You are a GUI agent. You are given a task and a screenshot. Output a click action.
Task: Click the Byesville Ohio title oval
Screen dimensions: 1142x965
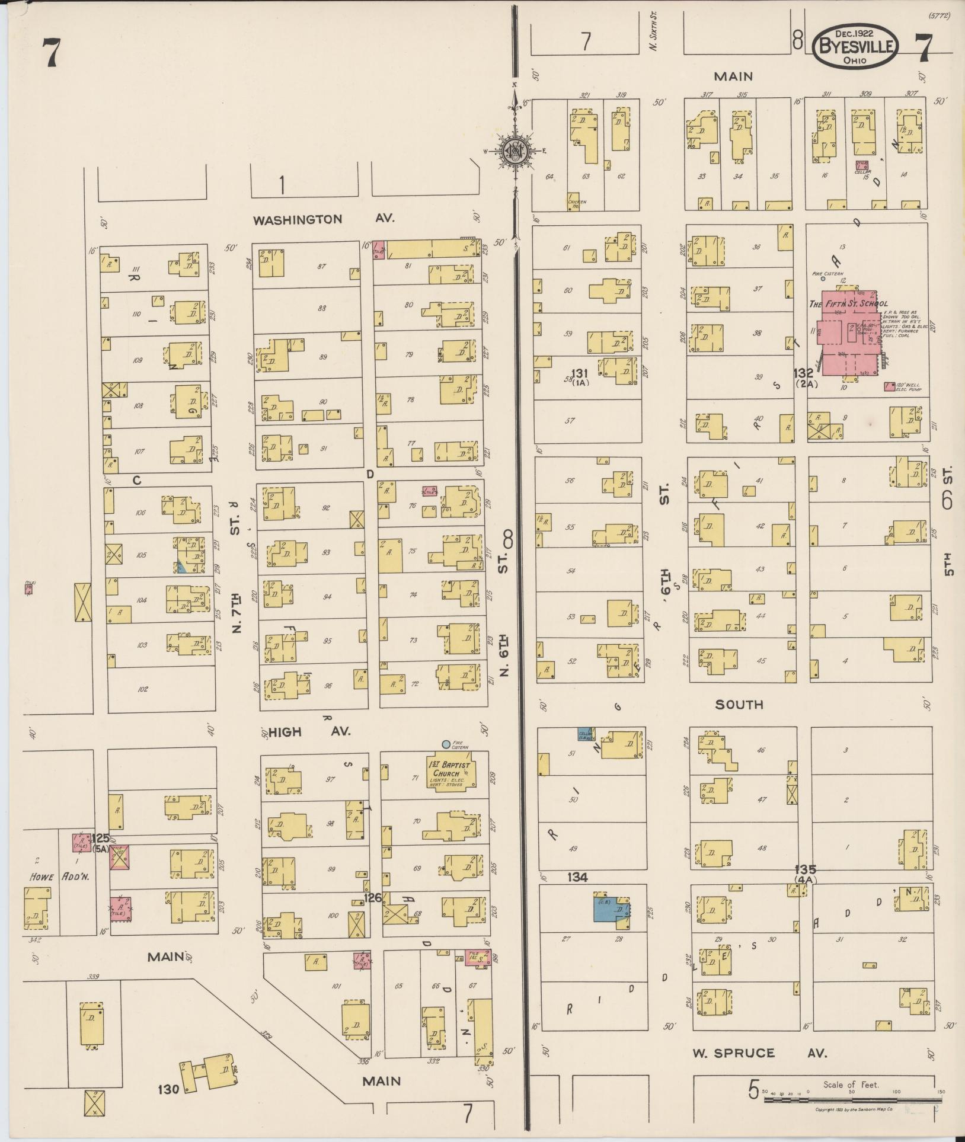855,46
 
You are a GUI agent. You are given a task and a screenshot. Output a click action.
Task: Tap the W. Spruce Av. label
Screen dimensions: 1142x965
759,1053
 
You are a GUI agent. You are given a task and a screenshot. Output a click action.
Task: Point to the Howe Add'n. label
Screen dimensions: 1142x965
59,877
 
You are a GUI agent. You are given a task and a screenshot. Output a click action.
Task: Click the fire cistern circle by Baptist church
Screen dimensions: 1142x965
446,744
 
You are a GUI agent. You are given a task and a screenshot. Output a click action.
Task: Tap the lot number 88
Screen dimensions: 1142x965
322,309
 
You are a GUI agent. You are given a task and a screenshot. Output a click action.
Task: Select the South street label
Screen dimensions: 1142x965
739,705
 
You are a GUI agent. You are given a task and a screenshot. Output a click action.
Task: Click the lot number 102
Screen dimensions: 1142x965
142,689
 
